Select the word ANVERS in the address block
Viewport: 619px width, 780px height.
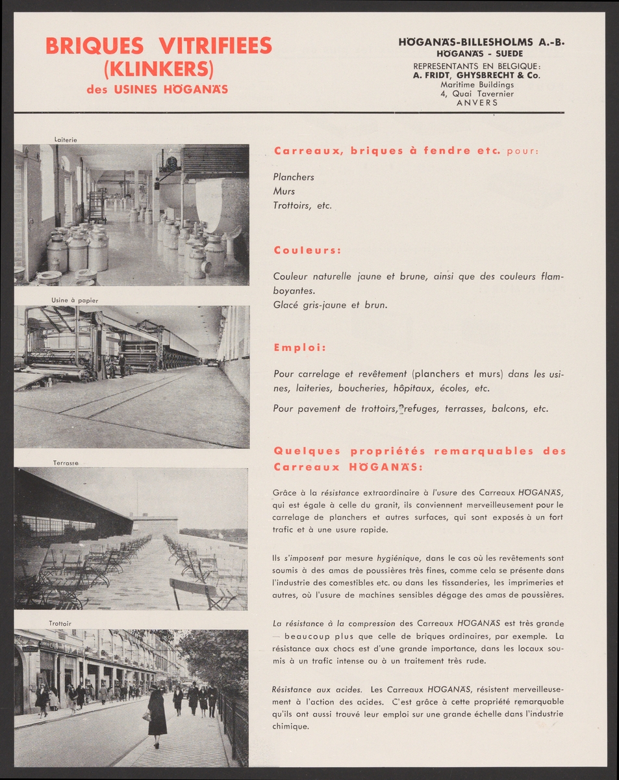(x=477, y=103)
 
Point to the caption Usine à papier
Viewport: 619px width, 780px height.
(x=75, y=300)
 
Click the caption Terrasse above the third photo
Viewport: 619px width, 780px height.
(x=66, y=463)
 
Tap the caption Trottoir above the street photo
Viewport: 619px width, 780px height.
(x=60, y=624)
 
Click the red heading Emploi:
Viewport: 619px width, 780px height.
(x=299, y=348)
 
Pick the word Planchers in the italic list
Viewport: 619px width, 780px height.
(x=294, y=177)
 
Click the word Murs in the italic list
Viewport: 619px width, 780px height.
(x=284, y=191)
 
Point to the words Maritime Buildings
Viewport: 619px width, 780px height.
(x=477, y=84)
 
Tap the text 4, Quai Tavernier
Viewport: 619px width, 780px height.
(x=477, y=94)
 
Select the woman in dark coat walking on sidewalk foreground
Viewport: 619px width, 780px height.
(x=157, y=715)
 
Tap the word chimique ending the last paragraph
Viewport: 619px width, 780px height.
(x=290, y=727)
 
